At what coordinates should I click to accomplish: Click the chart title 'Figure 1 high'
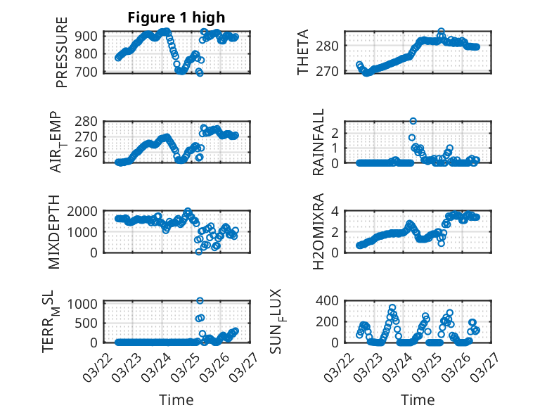pyautogui.click(x=176, y=18)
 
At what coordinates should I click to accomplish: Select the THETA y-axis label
pyautogui.click(x=303, y=53)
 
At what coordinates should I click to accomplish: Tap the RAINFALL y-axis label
pyautogui.click(x=318, y=142)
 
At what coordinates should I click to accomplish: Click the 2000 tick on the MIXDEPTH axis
pyautogui.click(x=86, y=211)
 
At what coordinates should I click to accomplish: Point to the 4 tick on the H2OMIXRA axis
pyautogui.click(x=337, y=211)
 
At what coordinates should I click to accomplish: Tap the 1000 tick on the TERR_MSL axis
pyautogui.click(x=86, y=304)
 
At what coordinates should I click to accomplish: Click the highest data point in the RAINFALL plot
pyautogui.click(x=413, y=121)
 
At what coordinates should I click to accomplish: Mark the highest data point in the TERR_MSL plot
pyautogui.click(x=200, y=301)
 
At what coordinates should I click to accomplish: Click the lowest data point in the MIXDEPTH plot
pyautogui.click(x=199, y=251)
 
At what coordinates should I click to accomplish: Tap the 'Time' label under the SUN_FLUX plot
pyautogui.click(x=418, y=399)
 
